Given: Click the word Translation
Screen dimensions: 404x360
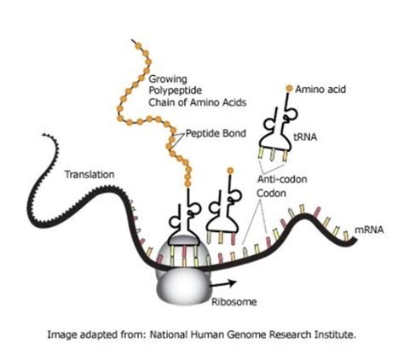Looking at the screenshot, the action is click(x=89, y=174).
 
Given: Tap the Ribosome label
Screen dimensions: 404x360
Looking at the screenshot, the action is click(x=234, y=302).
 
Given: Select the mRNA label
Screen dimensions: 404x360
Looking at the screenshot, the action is click(x=369, y=229).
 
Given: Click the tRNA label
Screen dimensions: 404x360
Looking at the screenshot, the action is click(x=305, y=137).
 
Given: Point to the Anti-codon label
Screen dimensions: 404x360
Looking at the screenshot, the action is click(x=282, y=179).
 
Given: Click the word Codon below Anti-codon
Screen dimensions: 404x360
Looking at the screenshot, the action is click(x=271, y=194).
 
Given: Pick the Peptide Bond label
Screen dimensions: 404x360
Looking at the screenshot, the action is click(x=216, y=133).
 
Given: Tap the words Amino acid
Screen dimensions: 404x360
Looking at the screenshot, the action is click(x=320, y=90).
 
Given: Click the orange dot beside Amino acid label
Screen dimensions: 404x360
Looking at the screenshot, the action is click(x=289, y=89).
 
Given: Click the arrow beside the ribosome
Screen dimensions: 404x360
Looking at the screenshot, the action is click(x=223, y=283).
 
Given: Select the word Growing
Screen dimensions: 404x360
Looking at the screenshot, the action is click(x=168, y=79).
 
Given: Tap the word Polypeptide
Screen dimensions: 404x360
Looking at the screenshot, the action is click(x=176, y=90).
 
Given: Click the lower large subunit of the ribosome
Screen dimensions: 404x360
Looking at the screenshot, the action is click(x=183, y=287).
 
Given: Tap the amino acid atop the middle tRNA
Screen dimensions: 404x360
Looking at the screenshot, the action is click(x=230, y=171).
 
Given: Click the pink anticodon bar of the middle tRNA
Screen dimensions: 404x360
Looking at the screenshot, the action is click(x=234, y=239).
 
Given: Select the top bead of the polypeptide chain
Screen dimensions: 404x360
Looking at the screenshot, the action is click(x=138, y=45).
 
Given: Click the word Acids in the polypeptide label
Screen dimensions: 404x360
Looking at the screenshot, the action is click(x=234, y=102).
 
